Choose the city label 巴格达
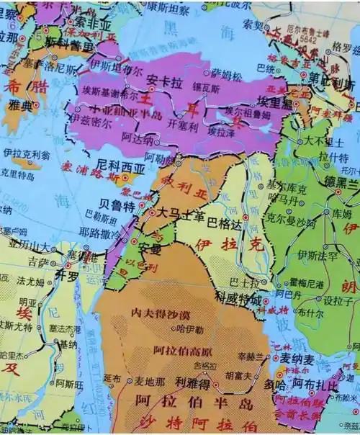(224, 213)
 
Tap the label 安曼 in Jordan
(150, 249)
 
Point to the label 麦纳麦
(297, 358)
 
